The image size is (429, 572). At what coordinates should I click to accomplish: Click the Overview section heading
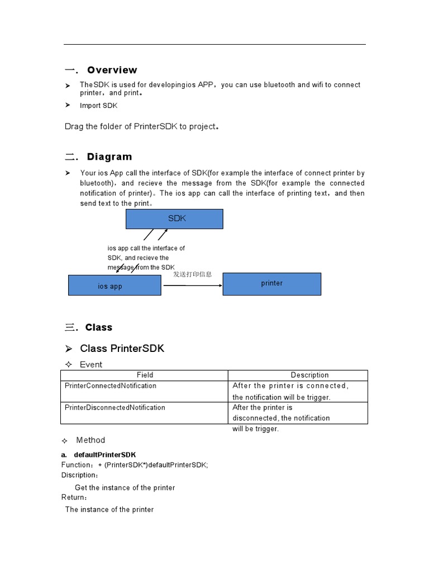tap(112, 70)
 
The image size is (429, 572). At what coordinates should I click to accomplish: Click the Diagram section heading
tap(109, 157)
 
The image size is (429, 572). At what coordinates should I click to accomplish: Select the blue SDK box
tap(174, 219)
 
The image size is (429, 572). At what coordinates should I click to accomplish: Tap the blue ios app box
tap(115, 285)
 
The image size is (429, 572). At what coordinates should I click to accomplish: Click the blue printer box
tap(272, 284)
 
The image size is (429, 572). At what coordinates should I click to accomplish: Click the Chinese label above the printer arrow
tap(192, 274)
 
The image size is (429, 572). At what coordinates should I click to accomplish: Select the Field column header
tap(145, 375)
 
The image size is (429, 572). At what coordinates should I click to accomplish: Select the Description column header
tap(309, 375)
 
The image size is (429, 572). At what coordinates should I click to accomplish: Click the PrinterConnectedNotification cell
tap(111, 386)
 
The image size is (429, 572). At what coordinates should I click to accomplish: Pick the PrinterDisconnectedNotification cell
tap(115, 408)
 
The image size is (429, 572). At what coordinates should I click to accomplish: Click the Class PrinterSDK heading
tap(122, 349)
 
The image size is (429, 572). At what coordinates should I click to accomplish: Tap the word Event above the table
tap(91, 365)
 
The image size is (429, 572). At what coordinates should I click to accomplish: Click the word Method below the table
tap(90, 440)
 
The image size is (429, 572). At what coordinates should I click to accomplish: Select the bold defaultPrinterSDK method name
tap(104, 455)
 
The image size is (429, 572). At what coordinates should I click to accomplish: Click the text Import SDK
tap(98, 106)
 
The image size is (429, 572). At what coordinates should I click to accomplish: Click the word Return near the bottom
tap(73, 497)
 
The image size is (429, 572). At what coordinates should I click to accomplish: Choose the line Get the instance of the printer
tap(125, 488)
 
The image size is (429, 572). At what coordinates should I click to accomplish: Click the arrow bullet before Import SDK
tap(68, 105)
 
